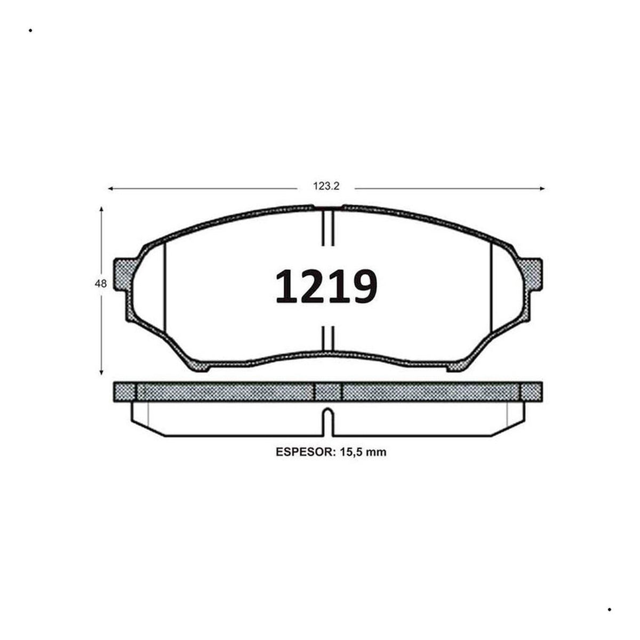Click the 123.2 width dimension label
326,186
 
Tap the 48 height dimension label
101,284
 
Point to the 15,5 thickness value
350,452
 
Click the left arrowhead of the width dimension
111,189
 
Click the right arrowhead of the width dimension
542,189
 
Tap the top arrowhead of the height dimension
101,209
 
